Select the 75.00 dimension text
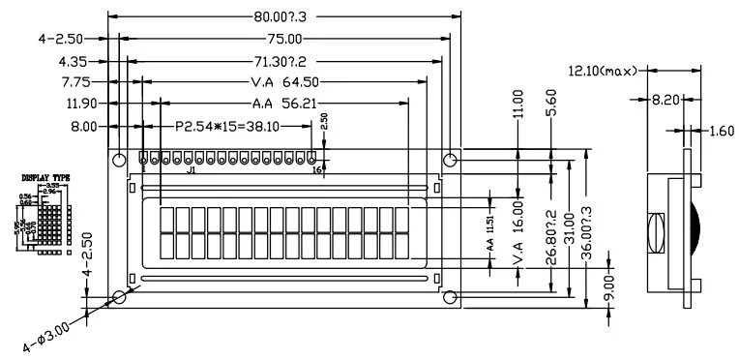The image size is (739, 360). pyautogui.click(x=283, y=39)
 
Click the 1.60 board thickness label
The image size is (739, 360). pyautogui.click(x=721, y=131)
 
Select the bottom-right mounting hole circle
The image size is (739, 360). pyautogui.click(x=450, y=296)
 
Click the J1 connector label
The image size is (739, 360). pyautogui.click(x=191, y=171)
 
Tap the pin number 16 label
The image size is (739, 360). pyautogui.click(x=317, y=170)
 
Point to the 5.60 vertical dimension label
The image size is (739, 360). pyautogui.click(x=551, y=104)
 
